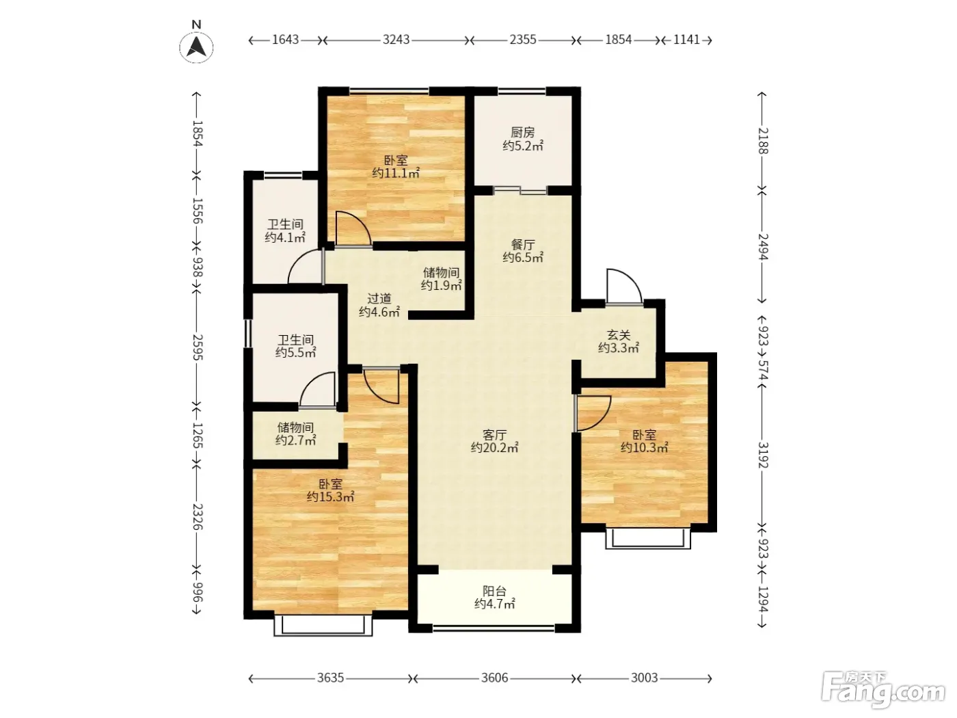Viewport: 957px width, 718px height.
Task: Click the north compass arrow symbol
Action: tap(196, 47)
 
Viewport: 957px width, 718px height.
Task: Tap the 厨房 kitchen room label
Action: tap(522, 132)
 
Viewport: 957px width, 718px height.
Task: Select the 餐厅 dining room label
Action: tap(523, 244)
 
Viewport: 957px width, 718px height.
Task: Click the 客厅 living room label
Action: tap(494, 435)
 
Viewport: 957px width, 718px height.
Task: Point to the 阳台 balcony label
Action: tap(494, 591)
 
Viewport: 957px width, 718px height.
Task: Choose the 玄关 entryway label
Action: tap(619, 335)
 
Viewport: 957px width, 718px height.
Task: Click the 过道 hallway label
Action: tap(379, 299)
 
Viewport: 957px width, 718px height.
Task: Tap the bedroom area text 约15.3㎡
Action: tap(330, 496)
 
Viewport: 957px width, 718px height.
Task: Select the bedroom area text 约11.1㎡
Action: tap(395, 173)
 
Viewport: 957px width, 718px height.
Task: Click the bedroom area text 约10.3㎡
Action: tap(645, 447)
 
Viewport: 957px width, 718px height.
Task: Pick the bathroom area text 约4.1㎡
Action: tap(285, 237)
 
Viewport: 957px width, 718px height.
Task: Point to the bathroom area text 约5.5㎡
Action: tap(295, 352)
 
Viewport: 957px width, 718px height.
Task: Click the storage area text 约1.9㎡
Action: tap(441, 286)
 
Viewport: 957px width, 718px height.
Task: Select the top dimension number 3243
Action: tap(396, 40)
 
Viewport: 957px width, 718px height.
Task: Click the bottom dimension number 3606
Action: tap(494, 678)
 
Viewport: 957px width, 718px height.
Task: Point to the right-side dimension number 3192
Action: tap(762, 455)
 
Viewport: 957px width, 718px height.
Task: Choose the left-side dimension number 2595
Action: tap(198, 347)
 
